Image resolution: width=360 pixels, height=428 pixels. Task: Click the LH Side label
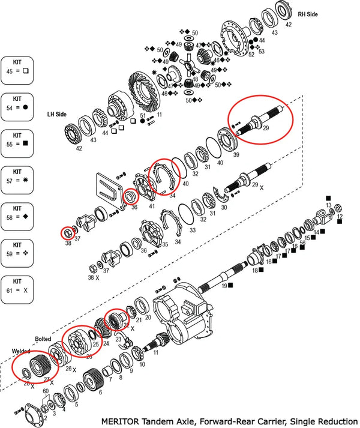58,113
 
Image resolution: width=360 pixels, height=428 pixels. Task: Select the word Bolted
43,339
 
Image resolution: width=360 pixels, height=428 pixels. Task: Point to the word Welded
22,351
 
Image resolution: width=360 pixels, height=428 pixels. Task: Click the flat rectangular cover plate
109,189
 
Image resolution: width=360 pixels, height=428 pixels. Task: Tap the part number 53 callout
259,49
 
